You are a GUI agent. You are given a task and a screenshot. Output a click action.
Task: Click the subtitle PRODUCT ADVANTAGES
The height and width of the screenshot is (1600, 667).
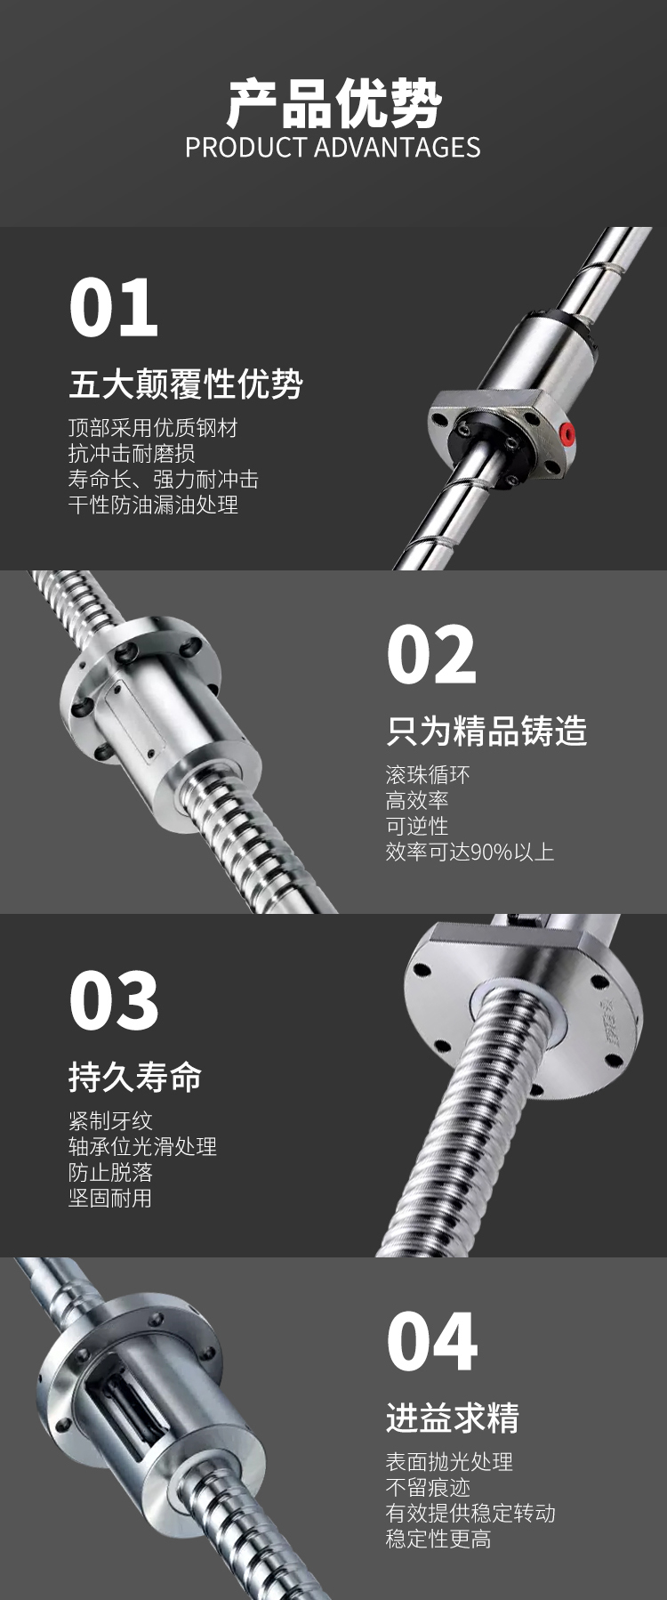point(333,148)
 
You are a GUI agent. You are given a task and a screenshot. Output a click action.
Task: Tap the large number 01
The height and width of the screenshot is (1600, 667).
point(114,308)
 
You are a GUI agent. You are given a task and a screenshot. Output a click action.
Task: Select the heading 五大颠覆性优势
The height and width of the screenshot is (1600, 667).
point(186,384)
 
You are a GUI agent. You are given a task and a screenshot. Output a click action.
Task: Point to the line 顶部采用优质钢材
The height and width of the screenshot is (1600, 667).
point(153,428)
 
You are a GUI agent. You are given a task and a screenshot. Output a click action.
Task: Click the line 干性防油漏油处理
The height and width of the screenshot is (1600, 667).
point(153,505)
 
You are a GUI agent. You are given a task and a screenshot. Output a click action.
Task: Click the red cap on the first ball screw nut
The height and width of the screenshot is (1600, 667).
point(567,434)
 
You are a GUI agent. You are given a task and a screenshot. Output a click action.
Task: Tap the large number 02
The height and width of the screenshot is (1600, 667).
point(431,654)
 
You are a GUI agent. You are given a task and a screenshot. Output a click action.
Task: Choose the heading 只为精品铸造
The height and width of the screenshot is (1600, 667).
point(486,731)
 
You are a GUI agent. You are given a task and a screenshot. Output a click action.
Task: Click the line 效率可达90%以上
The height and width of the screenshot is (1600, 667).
point(470,852)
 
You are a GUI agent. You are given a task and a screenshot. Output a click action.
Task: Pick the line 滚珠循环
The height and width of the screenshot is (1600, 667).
point(428,774)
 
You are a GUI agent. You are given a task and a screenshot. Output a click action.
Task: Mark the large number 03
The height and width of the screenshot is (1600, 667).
point(114,1000)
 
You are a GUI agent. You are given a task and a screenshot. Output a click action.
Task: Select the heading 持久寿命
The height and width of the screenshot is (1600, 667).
point(135,1077)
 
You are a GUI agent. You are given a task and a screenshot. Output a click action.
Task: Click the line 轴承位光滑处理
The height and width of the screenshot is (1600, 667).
point(142,1146)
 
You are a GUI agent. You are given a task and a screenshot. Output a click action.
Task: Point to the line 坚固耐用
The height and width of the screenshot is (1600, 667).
point(110,1198)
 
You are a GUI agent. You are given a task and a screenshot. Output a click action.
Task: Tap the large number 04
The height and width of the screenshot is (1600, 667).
point(432,1342)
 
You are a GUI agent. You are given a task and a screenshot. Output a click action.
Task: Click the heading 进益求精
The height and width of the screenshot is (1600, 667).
point(453,1418)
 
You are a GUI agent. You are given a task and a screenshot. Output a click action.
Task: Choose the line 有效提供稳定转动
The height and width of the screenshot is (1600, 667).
point(470,1513)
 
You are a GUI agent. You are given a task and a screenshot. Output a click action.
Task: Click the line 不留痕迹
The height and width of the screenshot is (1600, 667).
point(428,1487)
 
